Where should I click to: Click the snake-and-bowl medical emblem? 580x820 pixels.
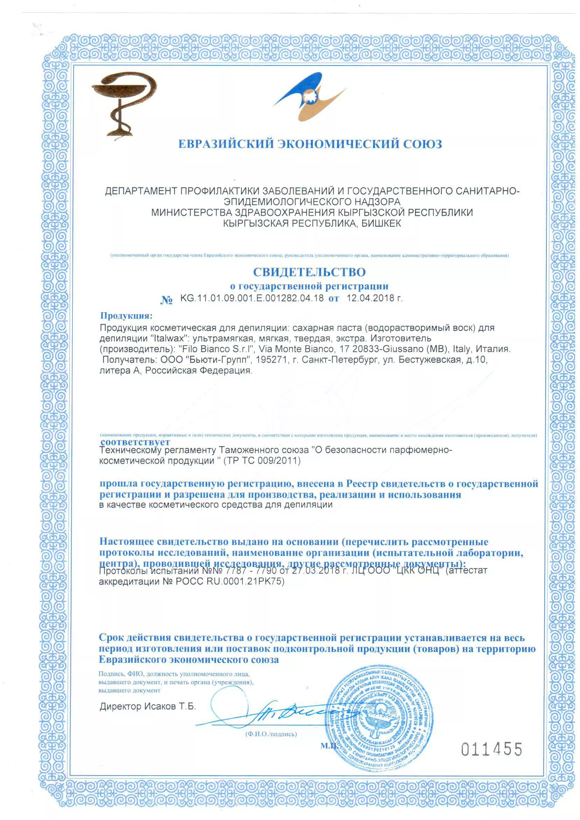pyautogui.click(x=124, y=103)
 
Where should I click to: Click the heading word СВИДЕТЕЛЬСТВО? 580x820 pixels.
pyautogui.click(x=309, y=272)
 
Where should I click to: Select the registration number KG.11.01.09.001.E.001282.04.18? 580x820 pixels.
pyautogui.click(x=252, y=298)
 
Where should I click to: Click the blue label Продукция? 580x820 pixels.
pyautogui.click(x=126, y=316)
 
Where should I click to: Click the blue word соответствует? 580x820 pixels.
pyautogui.click(x=135, y=442)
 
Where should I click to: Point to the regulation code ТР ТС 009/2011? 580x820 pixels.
pyautogui.click(x=262, y=461)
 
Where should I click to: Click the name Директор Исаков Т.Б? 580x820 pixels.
pyautogui.click(x=148, y=706)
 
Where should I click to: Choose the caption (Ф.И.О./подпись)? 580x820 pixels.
pyautogui.click(x=271, y=734)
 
